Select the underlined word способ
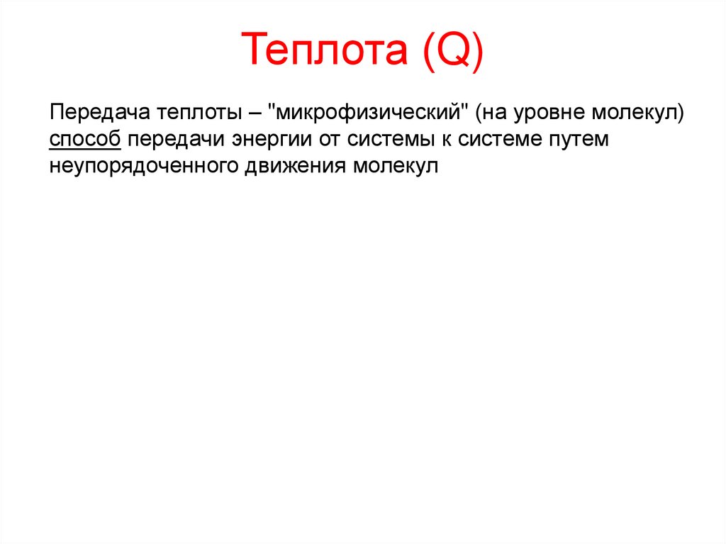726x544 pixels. point(85,139)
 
